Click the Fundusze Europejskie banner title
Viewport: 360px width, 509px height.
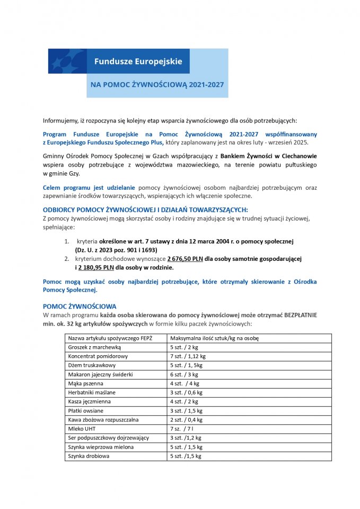coord(138,61)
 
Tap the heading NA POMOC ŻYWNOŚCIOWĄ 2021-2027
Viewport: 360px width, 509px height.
coord(157,85)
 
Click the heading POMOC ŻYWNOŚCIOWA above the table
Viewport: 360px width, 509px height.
coord(79,306)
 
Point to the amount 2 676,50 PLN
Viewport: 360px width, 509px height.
coord(185,258)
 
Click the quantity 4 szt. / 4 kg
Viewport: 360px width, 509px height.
coord(184,383)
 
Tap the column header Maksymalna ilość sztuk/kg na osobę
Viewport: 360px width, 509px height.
coord(214,338)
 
